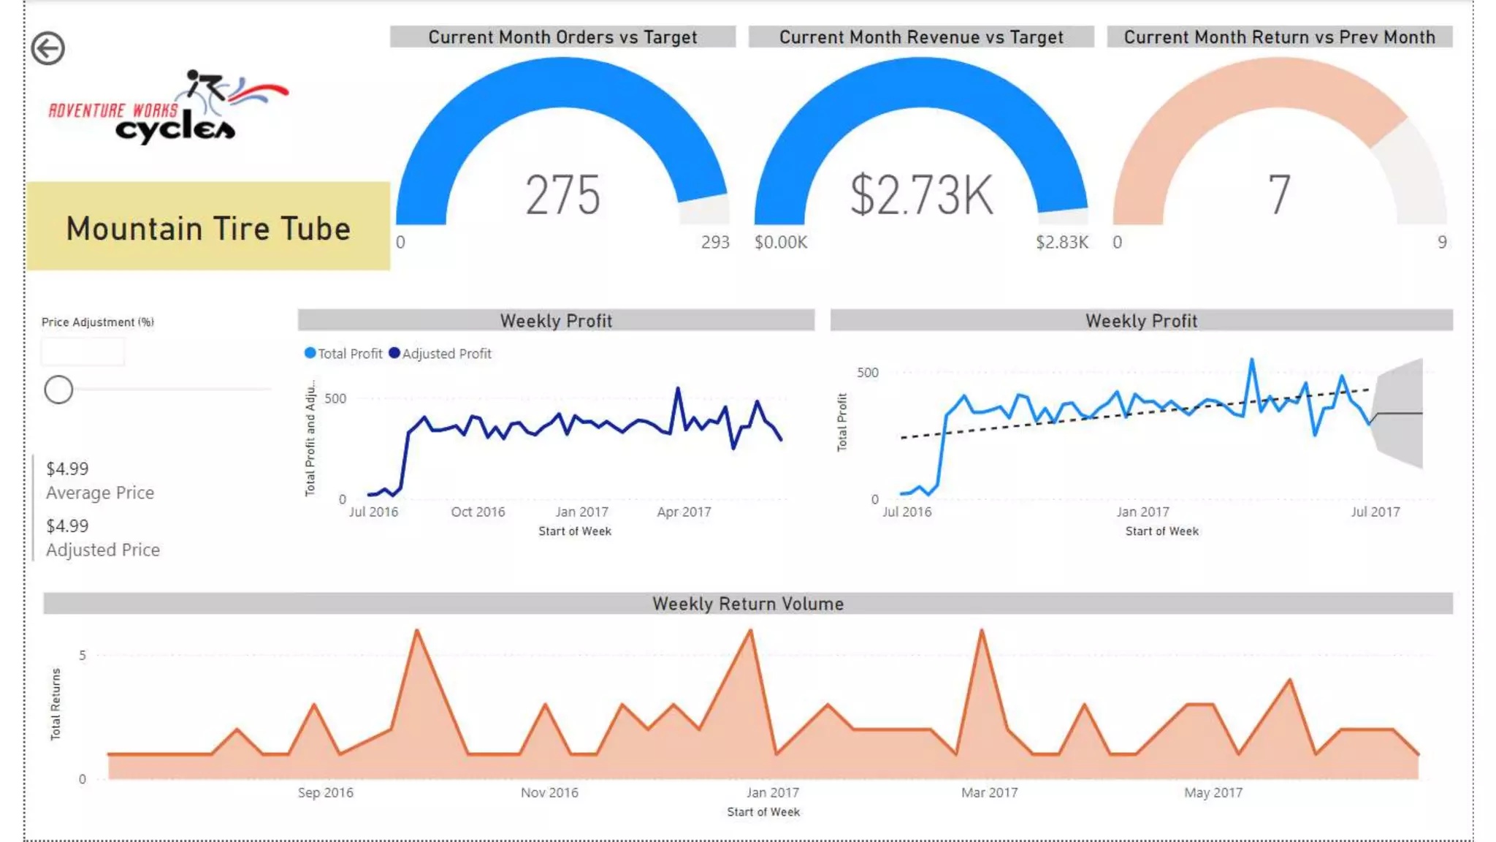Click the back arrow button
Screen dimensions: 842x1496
pos(48,49)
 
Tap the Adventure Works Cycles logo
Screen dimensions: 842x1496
pos(169,107)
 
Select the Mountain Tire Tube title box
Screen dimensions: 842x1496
pos(208,227)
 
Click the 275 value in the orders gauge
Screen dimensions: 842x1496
pos(562,195)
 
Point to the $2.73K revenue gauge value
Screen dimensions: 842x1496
pos(921,195)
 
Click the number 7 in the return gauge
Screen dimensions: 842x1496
pos(1278,195)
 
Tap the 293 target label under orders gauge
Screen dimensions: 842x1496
pos(714,242)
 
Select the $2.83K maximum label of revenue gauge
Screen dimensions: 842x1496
pos(1061,242)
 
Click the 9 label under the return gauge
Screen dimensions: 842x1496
pos(1441,242)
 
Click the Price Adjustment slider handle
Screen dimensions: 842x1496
pos(58,390)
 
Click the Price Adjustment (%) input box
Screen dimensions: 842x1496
pos(83,352)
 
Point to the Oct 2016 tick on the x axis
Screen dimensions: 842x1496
pos(478,512)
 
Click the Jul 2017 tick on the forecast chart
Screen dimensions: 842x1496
pos(1375,512)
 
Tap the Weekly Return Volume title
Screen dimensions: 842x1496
pos(747,604)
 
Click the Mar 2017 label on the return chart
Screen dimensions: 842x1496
pos(989,792)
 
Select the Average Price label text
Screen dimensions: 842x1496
pos(100,493)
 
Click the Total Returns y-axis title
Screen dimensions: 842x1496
pos(56,704)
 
